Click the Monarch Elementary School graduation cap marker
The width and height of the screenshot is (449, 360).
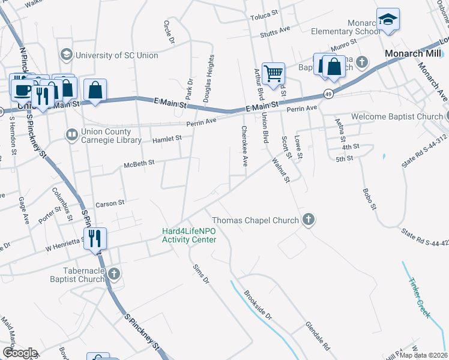pyautogui.click(x=388, y=20)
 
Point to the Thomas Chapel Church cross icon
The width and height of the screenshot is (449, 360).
pyautogui.click(x=309, y=220)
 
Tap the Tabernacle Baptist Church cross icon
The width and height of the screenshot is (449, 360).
pyautogui.click(x=114, y=274)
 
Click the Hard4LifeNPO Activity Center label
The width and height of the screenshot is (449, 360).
pyautogui.click(x=189, y=236)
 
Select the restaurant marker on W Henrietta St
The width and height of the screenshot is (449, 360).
pyautogui.click(x=95, y=238)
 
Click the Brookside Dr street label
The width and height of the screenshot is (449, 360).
pyautogui.click(x=258, y=305)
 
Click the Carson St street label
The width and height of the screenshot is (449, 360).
pyautogui.click(x=109, y=203)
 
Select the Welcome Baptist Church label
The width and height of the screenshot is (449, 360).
pyautogui.click(x=397, y=116)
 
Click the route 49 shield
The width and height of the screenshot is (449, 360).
pyautogui.click(x=328, y=94)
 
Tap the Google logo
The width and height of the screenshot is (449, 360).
pyautogui.click(x=20, y=353)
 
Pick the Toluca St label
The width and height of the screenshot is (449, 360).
pyautogui.click(x=265, y=11)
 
